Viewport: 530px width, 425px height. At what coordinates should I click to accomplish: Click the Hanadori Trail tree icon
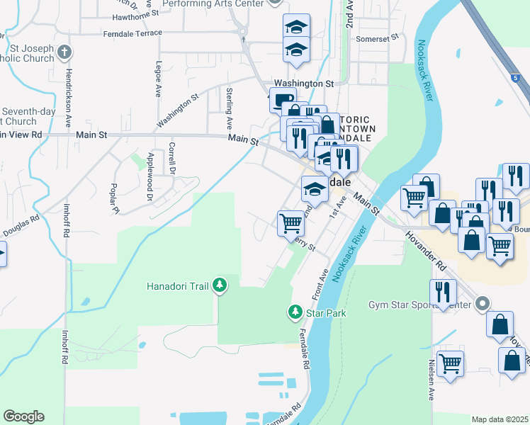pyautogui.click(x=220, y=285)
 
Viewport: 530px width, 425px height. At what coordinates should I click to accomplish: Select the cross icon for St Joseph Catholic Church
pyautogui.click(x=64, y=52)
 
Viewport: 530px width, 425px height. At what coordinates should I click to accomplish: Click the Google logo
pyautogui.click(x=23, y=416)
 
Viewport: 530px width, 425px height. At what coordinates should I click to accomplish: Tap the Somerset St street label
pyautogui.click(x=378, y=39)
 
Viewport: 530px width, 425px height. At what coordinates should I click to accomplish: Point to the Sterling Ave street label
pyautogui.click(x=229, y=102)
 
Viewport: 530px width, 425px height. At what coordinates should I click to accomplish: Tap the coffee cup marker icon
pyautogui.click(x=283, y=101)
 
